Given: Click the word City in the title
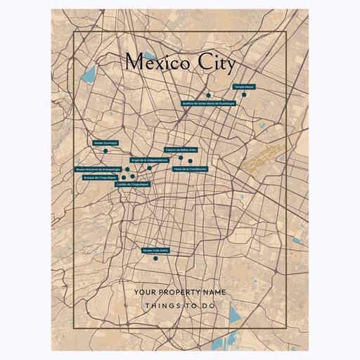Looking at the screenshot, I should click(214, 63).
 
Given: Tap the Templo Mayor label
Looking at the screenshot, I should click(243, 86).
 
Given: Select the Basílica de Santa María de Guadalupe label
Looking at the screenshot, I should click(208, 103).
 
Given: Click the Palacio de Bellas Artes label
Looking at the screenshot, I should click(181, 150).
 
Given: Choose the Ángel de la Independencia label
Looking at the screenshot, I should click(150, 160).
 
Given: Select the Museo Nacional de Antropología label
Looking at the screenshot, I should click(98, 169).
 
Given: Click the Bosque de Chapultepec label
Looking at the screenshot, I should click(100, 178).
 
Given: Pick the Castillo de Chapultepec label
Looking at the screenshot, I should click(134, 184).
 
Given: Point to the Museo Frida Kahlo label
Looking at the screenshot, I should click(155, 250).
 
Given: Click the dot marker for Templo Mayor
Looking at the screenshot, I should click(244, 94).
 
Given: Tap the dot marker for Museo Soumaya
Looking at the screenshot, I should click(105, 150).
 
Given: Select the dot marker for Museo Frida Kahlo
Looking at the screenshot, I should click(155, 258).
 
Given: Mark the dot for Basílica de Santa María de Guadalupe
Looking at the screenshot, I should click(209, 95).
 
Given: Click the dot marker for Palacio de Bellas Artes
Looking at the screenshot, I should click(181, 157).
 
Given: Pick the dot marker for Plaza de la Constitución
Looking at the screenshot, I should click(190, 161).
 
